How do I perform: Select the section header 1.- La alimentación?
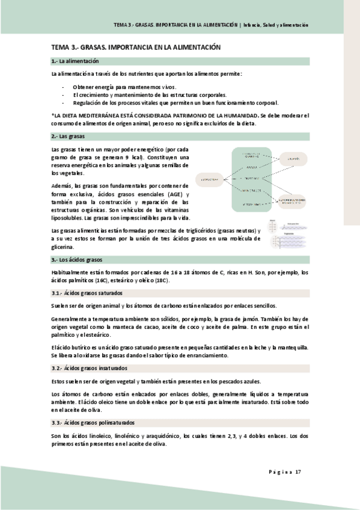tap(75, 61)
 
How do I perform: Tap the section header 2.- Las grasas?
tap(67, 137)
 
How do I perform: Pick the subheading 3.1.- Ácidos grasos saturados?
tap(87, 293)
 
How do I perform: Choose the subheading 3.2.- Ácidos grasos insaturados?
tap(90, 367)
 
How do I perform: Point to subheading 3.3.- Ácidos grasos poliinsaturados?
tap(93, 423)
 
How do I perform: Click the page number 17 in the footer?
tap(298, 471)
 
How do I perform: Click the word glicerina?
tap(64, 246)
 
